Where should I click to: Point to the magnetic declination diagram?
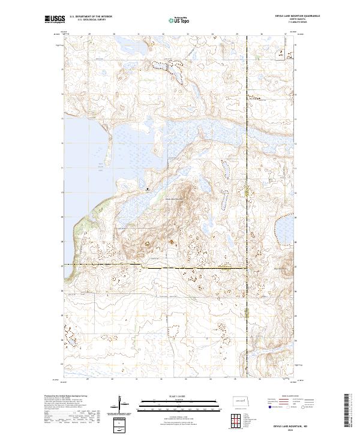click(x=121, y=403)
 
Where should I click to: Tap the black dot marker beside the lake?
click(x=149, y=189)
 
